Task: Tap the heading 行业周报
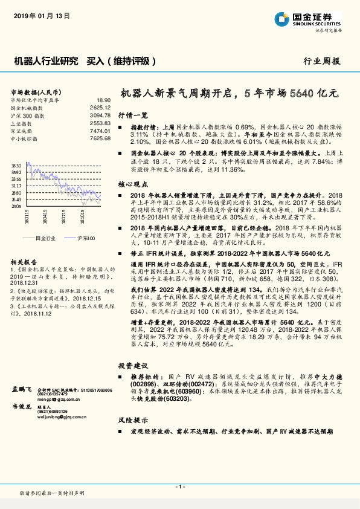pyautogui.click(x=321, y=62)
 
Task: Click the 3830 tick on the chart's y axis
pyautogui.click(x=16, y=164)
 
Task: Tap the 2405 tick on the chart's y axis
pyautogui.click(x=16, y=206)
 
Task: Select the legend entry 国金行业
pyautogui.click(x=46, y=239)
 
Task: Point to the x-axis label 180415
pyautogui.click(x=45, y=216)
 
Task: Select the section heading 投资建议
pyautogui.click(x=132, y=366)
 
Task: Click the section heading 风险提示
pyautogui.click(x=132, y=419)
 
